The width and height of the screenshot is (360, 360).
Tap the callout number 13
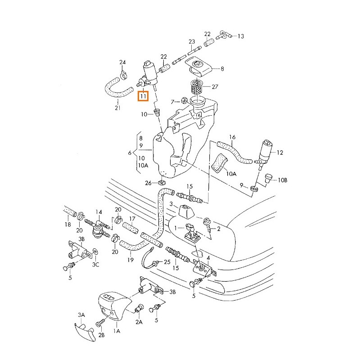[x=240, y=36]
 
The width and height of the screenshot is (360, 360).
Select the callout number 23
[x=192, y=42]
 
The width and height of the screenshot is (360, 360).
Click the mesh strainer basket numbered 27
[x=196, y=86]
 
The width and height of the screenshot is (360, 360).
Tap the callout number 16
[x=233, y=137]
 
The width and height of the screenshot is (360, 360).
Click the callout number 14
[x=99, y=211]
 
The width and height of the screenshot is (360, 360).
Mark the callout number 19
[x=130, y=260]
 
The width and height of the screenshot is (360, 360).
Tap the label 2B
[x=102, y=335]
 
